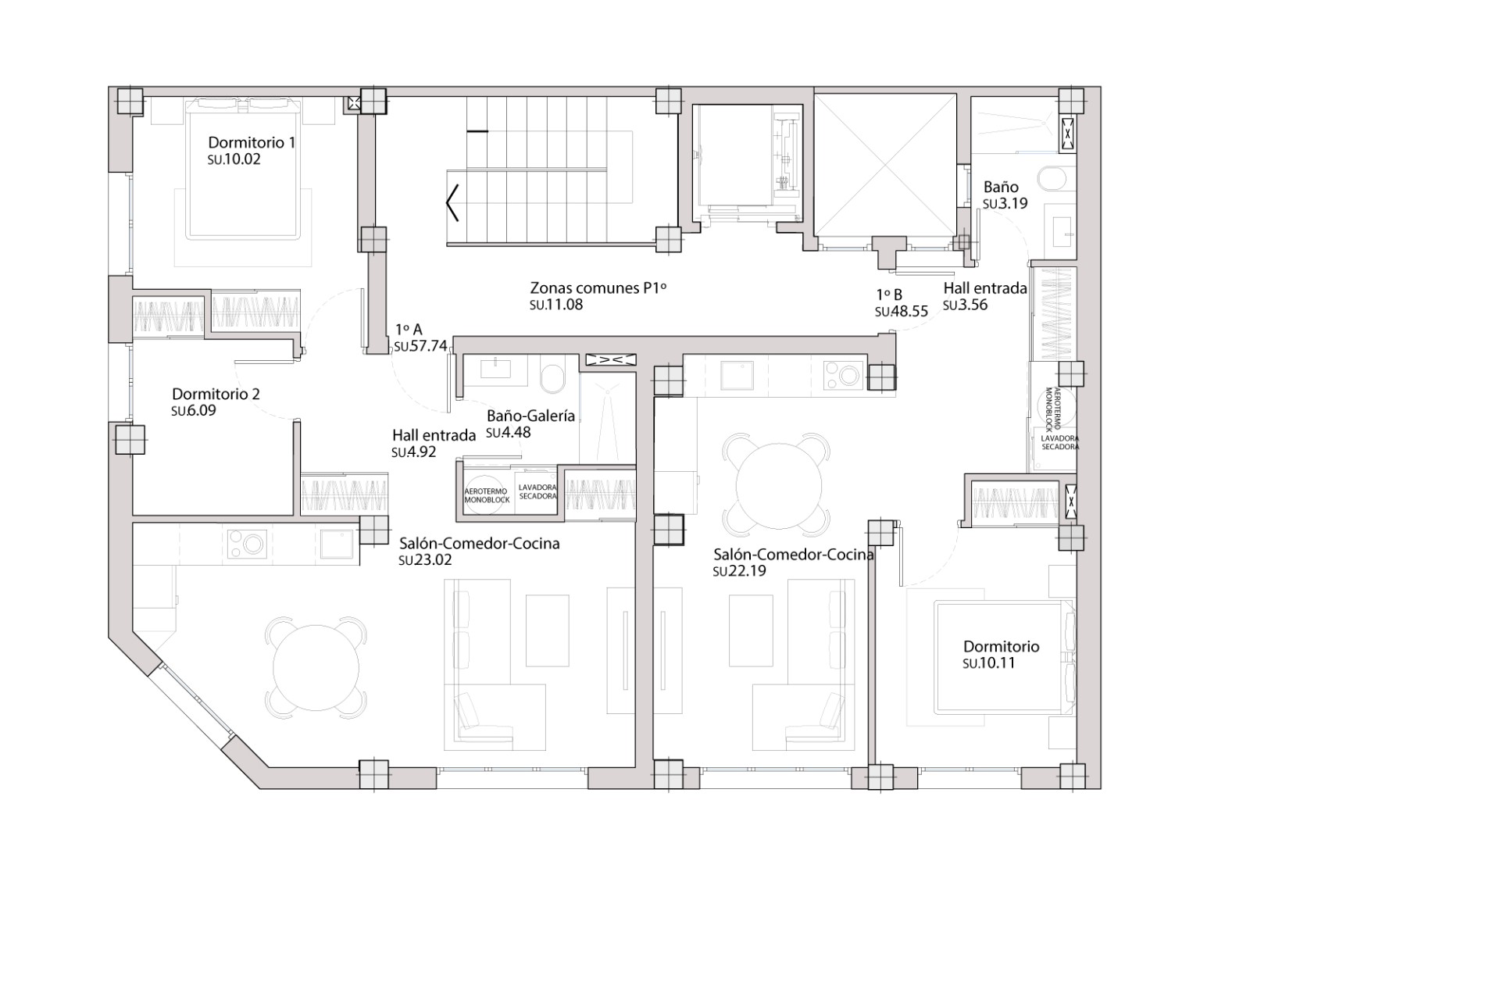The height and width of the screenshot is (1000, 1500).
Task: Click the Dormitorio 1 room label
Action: point(252,143)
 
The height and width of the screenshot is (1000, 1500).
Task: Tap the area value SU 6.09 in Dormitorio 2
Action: point(194,411)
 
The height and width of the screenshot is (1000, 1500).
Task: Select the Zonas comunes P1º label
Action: point(598,287)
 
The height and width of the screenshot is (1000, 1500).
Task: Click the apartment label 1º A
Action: point(409,330)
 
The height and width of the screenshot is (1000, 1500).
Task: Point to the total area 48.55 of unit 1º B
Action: point(902,312)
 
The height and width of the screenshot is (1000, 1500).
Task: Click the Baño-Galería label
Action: point(530,416)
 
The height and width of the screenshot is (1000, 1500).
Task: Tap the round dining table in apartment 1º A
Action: point(316,666)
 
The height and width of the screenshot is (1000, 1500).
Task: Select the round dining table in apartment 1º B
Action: point(778,485)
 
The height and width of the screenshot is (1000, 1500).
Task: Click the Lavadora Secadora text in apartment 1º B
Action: point(1059,443)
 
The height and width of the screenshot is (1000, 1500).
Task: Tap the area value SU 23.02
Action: point(425,560)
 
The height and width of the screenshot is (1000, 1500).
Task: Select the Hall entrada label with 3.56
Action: point(984,288)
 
